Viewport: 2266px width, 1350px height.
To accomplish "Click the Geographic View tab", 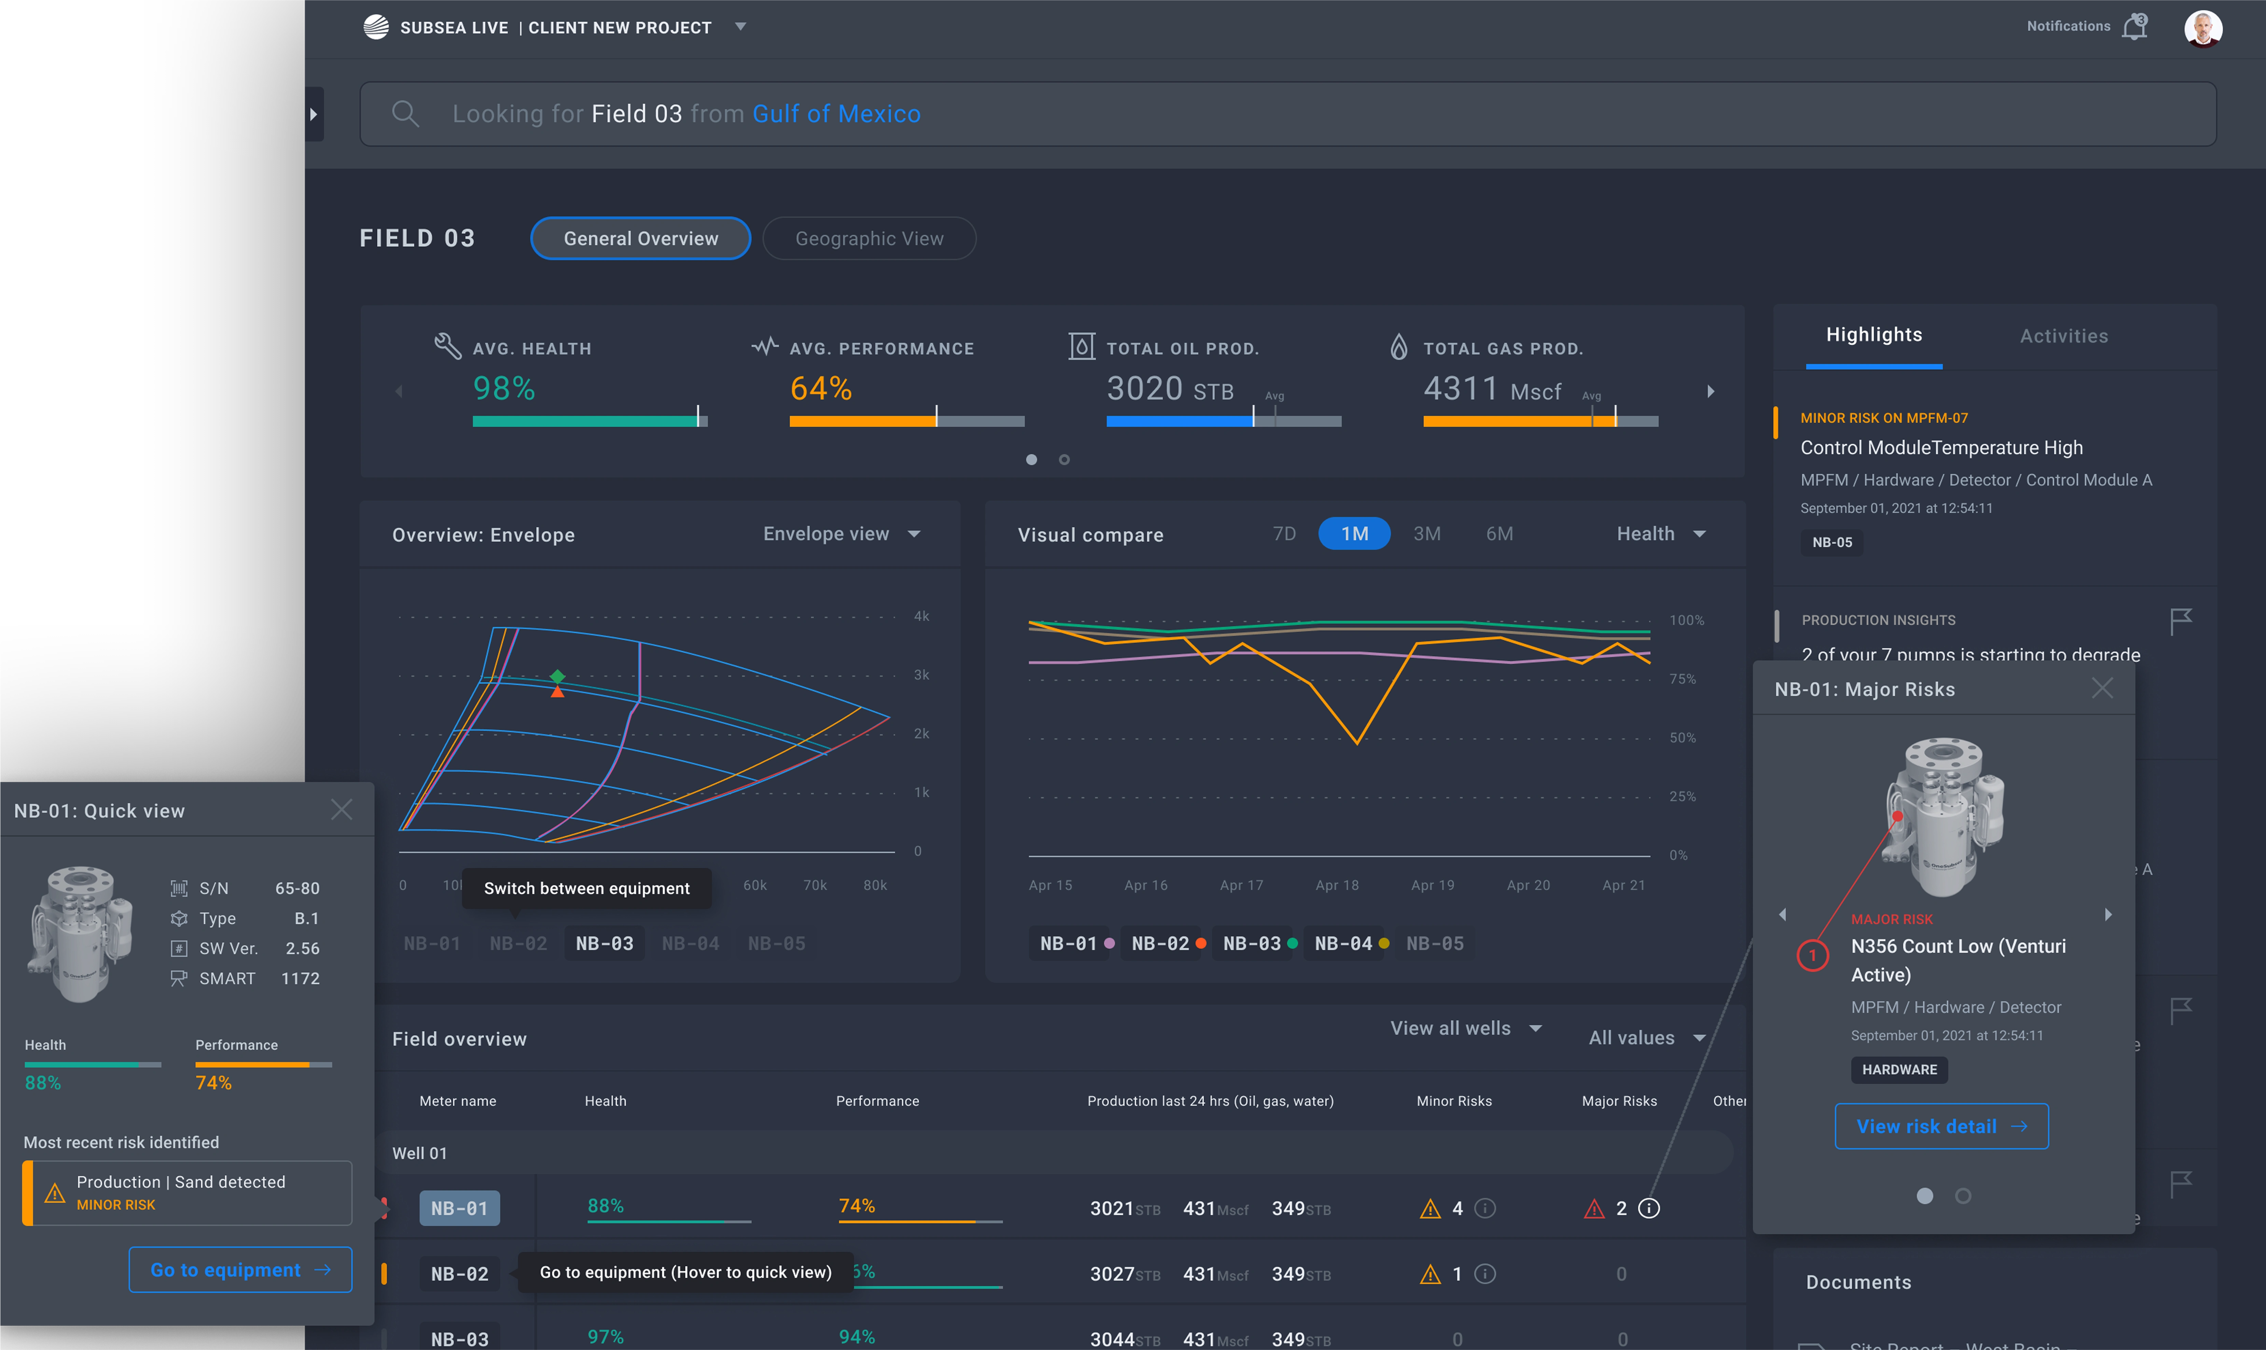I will [x=869, y=238].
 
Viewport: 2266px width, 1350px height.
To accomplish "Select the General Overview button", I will [x=640, y=238].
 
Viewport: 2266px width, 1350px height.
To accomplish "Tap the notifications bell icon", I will [x=2133, y=27].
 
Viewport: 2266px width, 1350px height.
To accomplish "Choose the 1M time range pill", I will [x=1353, y=534].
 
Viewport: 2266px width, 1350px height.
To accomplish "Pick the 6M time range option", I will [x=1499, y=534].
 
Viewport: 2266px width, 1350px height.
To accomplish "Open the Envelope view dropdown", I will [x=842, y=534].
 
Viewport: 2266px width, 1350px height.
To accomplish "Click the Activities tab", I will [x=2063, y=336].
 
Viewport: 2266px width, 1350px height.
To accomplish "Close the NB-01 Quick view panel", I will [x=341, y=810].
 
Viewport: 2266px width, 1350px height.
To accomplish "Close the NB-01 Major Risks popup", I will [x=2101, y=688].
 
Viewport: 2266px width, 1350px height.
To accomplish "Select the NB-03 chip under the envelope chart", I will [x=604, y=943].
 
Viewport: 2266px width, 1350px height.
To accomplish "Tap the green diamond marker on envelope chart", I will [x=558, y=676].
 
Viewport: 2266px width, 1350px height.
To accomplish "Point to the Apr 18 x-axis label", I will [x=1336, y=885].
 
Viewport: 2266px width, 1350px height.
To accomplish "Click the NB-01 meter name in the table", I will [x=459, y=1208].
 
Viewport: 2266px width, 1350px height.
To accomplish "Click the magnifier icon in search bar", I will [x=405, y=114].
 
